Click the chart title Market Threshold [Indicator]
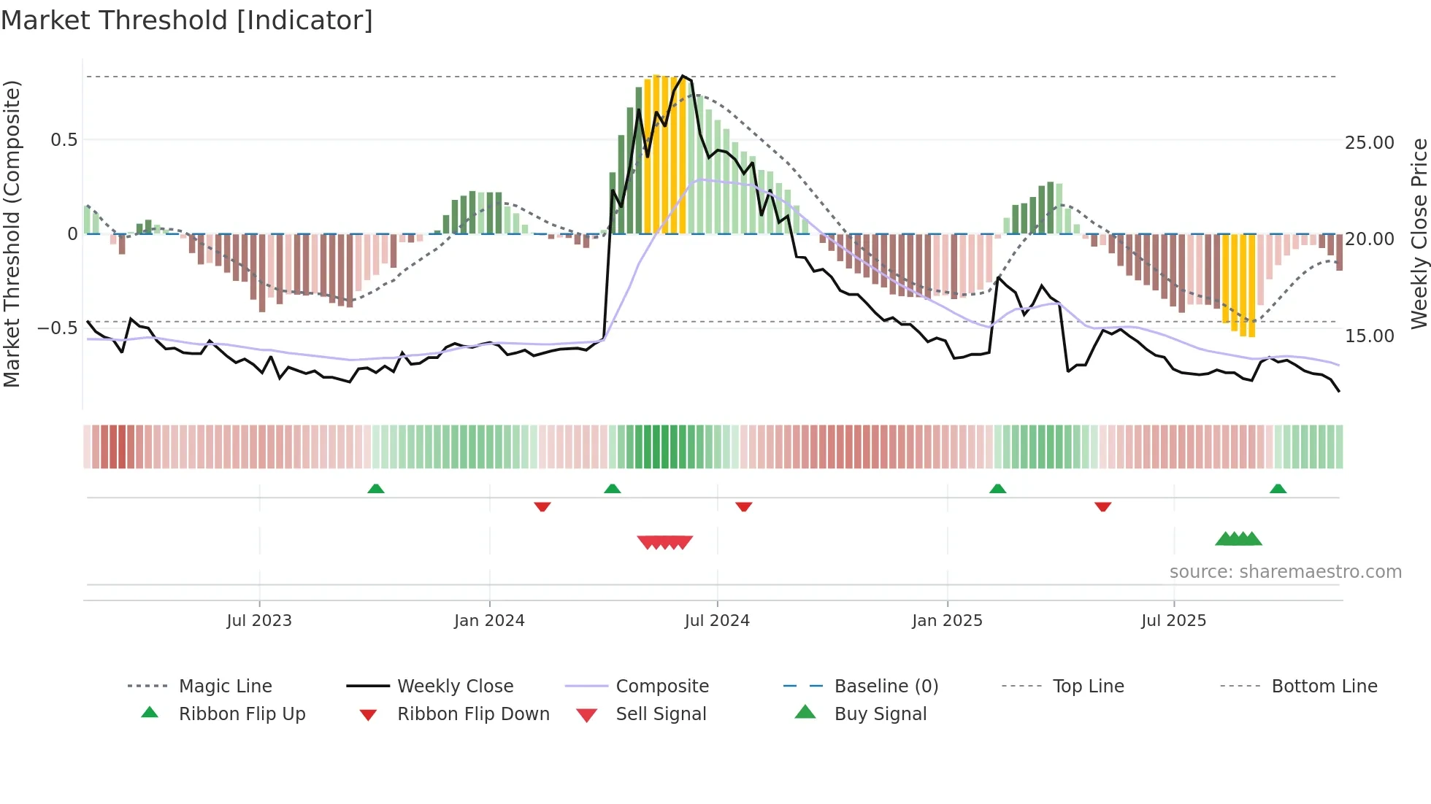point(187,20)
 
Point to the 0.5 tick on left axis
point(64,140)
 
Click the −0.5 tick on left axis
point(58,328)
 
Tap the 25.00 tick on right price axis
point(1369,143)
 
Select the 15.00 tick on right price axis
point(1369,336)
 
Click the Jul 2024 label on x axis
point(717,621)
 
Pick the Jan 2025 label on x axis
point(947,621)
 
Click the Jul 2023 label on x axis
point(259,621)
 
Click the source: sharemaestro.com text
point(1285,572)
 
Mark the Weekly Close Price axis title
point(1419,233)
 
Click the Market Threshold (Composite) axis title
point(12,233)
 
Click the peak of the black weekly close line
point(683,76)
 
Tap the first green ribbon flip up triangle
point(376,489)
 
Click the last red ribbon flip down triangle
point(1102,506)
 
